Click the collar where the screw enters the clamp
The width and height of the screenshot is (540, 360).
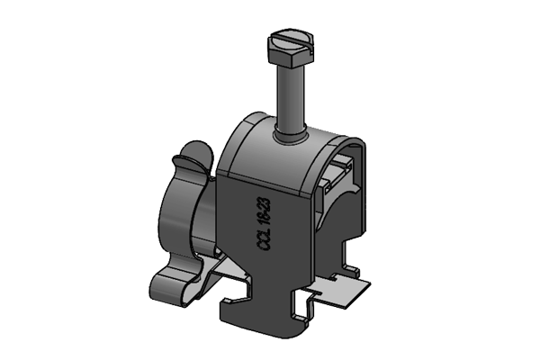(289, 136)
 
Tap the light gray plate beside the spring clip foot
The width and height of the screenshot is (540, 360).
(225, 274)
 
